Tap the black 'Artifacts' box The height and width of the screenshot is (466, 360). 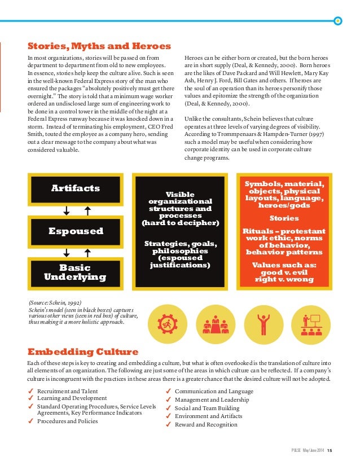coord(76,188)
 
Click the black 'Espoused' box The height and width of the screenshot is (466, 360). coord(76,231)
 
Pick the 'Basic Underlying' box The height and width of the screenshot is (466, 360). coord(76,271)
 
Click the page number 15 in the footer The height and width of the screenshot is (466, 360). coord(331,449)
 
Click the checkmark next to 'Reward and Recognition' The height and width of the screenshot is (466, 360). coord(168,424)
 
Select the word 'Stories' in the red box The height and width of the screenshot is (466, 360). coord(284,218)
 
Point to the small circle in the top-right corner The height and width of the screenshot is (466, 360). coord(338,20)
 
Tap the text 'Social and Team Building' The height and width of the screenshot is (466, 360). coord(207,408)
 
